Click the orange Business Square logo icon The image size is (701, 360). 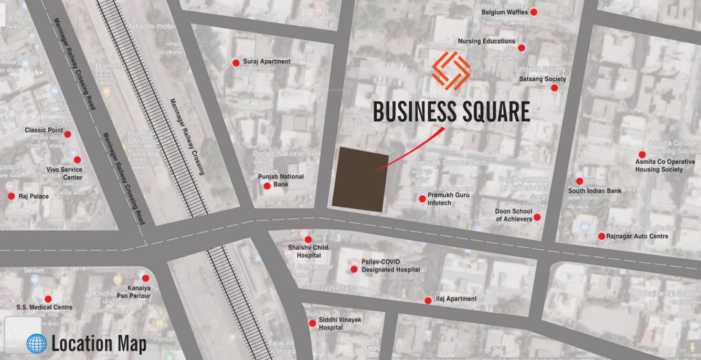click(451, 71)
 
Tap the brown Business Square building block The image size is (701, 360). click(360, 179)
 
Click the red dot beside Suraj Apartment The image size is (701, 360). click(236, 63)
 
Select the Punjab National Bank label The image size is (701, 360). click(281, 181)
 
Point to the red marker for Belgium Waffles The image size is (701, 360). click(534, 12)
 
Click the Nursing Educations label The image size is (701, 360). click(486, 41)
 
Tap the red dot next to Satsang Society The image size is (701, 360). click(554, 88)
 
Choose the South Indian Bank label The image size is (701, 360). click(594, 190)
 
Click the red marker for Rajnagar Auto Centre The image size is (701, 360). click(602, 236)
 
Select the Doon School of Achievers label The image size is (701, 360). click(514, 215)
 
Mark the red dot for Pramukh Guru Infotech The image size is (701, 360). click(422, 199)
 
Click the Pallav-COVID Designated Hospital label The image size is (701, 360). click(390, 266)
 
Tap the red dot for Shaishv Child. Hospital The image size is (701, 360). click(308, 239)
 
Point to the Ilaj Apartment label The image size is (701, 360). click(456, 299)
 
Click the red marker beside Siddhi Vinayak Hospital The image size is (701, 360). click(312, 323)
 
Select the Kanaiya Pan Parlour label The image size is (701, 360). click(139, 292)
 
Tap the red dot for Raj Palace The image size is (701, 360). click(11, 196)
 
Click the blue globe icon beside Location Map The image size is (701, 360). click(37, 344)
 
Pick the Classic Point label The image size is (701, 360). click(44, 130)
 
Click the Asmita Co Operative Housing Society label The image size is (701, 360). click(665, 166)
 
